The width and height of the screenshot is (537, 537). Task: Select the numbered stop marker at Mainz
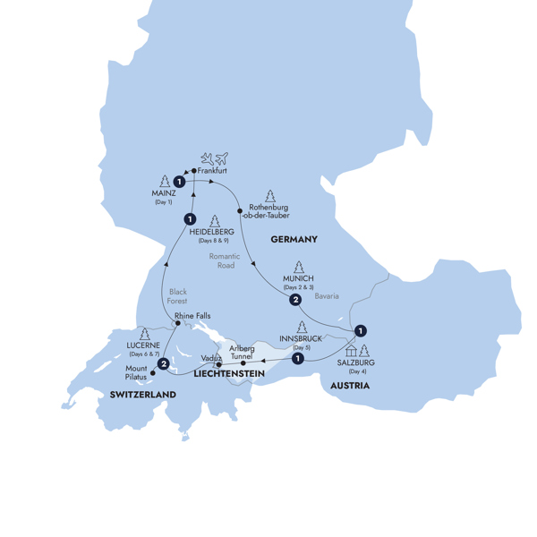(181, 182)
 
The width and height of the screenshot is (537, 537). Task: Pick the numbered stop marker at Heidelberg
(190, 219)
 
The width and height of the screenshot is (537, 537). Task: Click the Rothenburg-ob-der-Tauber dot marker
(240, 211)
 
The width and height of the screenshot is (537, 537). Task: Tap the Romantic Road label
(219, 260)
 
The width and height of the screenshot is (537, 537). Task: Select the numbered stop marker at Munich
(294, 300)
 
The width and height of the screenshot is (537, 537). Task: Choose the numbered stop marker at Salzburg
(359, 330)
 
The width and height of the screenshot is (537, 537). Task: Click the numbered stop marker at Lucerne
(164, 363)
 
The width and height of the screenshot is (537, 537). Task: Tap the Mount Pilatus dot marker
(152, 373)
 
